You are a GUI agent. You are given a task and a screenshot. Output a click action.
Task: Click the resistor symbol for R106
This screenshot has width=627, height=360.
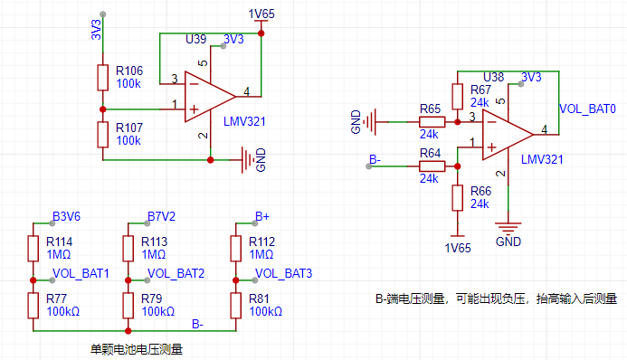[x=103, y=78]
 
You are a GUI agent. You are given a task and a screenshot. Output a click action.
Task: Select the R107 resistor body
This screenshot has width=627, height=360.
[x=103, y=135]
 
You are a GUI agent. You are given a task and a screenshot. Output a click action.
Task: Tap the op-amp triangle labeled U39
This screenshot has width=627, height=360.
[x=209, y=97]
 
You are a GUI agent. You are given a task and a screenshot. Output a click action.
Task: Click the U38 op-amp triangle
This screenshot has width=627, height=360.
[x=507, y=135]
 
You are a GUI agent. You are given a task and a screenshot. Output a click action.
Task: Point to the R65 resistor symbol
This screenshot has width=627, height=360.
[x=432, y=122]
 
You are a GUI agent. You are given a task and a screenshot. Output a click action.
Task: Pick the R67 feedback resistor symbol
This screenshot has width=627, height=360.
[x=458, y=96]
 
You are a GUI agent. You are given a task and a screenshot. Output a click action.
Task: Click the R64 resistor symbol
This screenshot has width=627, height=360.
[x=432, y=166]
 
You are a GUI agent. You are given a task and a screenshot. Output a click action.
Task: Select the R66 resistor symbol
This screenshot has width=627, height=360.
[x=458, y=198]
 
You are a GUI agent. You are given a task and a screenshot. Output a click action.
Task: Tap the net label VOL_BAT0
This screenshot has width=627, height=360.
[x=587, y=109]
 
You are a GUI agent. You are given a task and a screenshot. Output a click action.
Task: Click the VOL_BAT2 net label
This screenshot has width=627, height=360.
[x=176, y=273]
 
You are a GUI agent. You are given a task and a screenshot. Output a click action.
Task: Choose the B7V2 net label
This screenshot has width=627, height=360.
[x=161, y=216]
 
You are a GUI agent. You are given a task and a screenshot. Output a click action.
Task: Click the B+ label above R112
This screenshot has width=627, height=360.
[x=262, y=216]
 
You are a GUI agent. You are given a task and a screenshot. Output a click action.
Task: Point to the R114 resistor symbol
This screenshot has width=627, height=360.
[x=33, y=249]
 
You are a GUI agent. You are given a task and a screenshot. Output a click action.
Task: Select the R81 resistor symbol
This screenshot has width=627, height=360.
[x=236, y=306]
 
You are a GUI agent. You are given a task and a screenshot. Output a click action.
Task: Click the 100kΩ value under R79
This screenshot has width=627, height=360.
[x=158, y=312]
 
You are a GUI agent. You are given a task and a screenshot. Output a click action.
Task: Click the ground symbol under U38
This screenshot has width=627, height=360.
[x=508, y=228]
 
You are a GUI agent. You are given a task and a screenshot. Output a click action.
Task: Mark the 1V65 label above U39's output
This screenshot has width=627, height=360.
[x=261, y=14]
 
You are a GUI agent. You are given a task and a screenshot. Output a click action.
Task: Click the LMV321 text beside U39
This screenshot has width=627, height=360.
[x=244, y=121]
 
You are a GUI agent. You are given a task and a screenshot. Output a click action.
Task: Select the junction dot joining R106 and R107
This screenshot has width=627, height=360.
[x=103, y=109]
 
